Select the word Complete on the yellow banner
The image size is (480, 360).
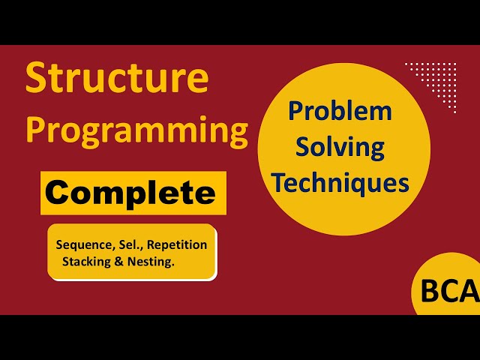point(130,193)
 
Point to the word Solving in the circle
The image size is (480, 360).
point(340,148)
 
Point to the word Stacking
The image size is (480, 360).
point(89,262)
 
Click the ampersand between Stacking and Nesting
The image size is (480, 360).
point(123,262)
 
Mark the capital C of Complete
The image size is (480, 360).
point(58,193)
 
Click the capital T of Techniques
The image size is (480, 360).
point(278,182)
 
